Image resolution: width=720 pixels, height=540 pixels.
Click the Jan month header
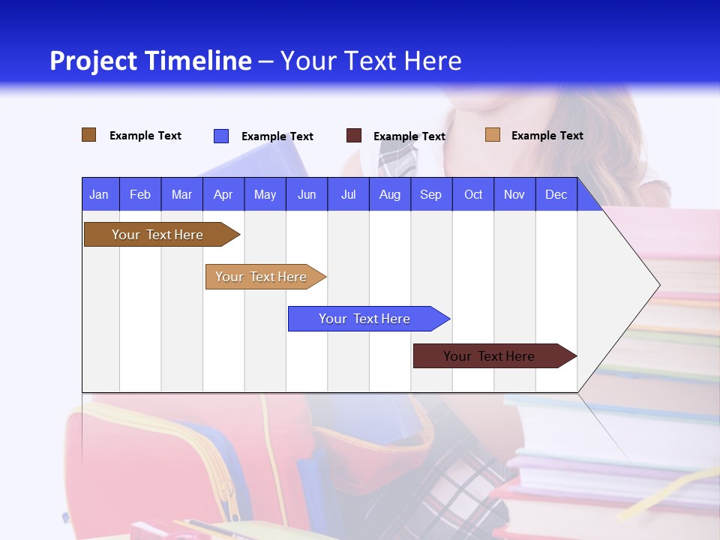99,194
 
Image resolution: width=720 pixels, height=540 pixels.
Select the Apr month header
223,194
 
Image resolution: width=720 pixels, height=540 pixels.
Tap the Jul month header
348,194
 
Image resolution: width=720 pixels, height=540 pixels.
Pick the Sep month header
430,194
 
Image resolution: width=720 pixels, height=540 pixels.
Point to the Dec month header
556,194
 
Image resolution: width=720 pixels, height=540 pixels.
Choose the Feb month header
140,194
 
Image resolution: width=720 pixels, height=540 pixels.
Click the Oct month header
473,194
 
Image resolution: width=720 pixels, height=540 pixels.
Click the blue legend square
221,136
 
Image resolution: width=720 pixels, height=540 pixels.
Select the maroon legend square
354,136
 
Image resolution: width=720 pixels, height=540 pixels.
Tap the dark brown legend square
89,135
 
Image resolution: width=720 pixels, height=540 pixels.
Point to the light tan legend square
493,135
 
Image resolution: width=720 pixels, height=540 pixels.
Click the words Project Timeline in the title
151,61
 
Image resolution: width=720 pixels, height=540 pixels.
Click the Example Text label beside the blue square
277,136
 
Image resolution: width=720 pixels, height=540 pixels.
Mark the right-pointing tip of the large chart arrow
658,285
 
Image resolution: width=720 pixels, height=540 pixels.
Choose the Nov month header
514,194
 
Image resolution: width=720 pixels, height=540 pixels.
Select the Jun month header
307,194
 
